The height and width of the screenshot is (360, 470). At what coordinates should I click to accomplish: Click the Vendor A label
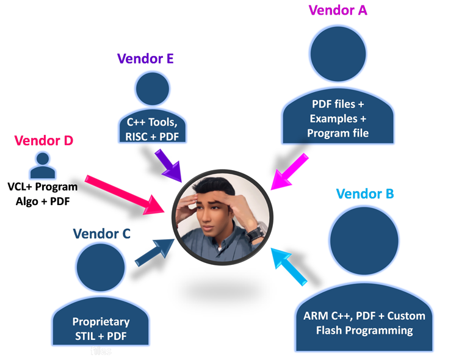tap(338, 10)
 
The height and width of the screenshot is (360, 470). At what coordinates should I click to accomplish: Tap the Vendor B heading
tap(365, 194)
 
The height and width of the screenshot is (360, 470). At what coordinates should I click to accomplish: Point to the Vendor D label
tap(43, 140)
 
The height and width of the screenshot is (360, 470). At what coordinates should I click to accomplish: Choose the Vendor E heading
tap(145, 59)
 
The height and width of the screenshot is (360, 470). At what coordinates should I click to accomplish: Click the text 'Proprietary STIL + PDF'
tap(101, 328)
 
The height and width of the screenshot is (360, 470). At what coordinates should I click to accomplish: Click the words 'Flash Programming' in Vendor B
tap(364, 331)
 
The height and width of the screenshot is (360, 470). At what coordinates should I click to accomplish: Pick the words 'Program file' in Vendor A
tap(338, 132)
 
